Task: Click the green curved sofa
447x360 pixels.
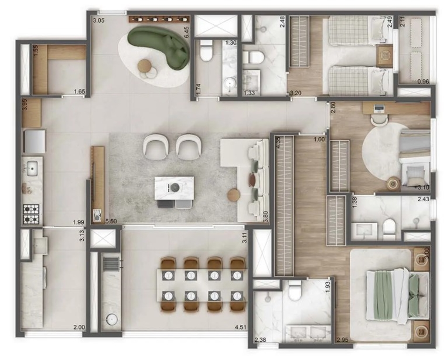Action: coord(160,43)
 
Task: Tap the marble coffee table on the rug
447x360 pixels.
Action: coord(174,188)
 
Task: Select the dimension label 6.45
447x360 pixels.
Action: coord(187,32)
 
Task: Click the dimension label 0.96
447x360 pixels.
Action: coord(423,82)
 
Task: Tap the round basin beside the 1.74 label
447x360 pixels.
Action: coord(229,83)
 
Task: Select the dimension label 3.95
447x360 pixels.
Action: coord(25,105)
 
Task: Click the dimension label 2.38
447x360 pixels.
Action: coord(260,340)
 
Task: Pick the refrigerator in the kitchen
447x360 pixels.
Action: coord(34,141)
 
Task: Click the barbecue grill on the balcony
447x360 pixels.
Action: coord(111,264)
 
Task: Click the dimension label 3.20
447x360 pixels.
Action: coord(296,92)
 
